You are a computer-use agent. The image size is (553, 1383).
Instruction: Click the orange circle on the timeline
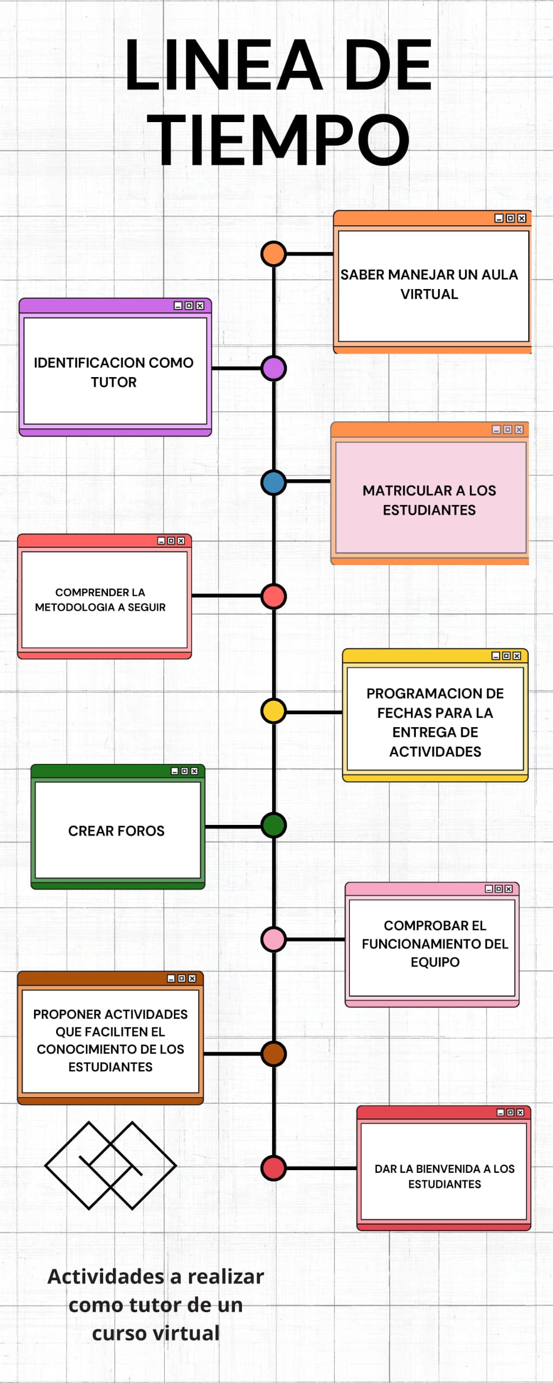(273, 254)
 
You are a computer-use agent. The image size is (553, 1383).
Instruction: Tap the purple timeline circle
(273, 368)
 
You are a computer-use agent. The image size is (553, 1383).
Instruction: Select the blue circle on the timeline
(273, 482)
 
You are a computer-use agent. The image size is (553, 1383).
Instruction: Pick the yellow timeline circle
(273, 711)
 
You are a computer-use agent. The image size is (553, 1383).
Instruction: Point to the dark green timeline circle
(273, 825)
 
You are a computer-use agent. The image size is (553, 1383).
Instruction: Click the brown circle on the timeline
(273, 1054)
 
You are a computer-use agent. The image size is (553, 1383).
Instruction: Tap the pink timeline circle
(273, 939)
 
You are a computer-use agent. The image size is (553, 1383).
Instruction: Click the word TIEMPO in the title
(278, 140)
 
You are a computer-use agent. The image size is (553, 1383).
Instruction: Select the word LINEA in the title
(224, 65)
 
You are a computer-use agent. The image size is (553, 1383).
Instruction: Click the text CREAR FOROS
(116, 831)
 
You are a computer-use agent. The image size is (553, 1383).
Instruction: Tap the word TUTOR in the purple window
(113, 382)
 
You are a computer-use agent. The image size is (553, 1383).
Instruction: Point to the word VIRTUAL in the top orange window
(429, 294)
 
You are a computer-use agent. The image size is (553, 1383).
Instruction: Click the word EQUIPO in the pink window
(435, 962)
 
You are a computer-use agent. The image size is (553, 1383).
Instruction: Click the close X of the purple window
(200, 306)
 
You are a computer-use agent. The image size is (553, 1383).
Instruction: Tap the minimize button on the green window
(174, 771)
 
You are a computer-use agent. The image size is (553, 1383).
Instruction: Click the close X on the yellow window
(517, 656)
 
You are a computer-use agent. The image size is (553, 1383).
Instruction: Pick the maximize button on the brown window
(182, 978)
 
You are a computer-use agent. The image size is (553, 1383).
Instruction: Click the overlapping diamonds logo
(111, 1165)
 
